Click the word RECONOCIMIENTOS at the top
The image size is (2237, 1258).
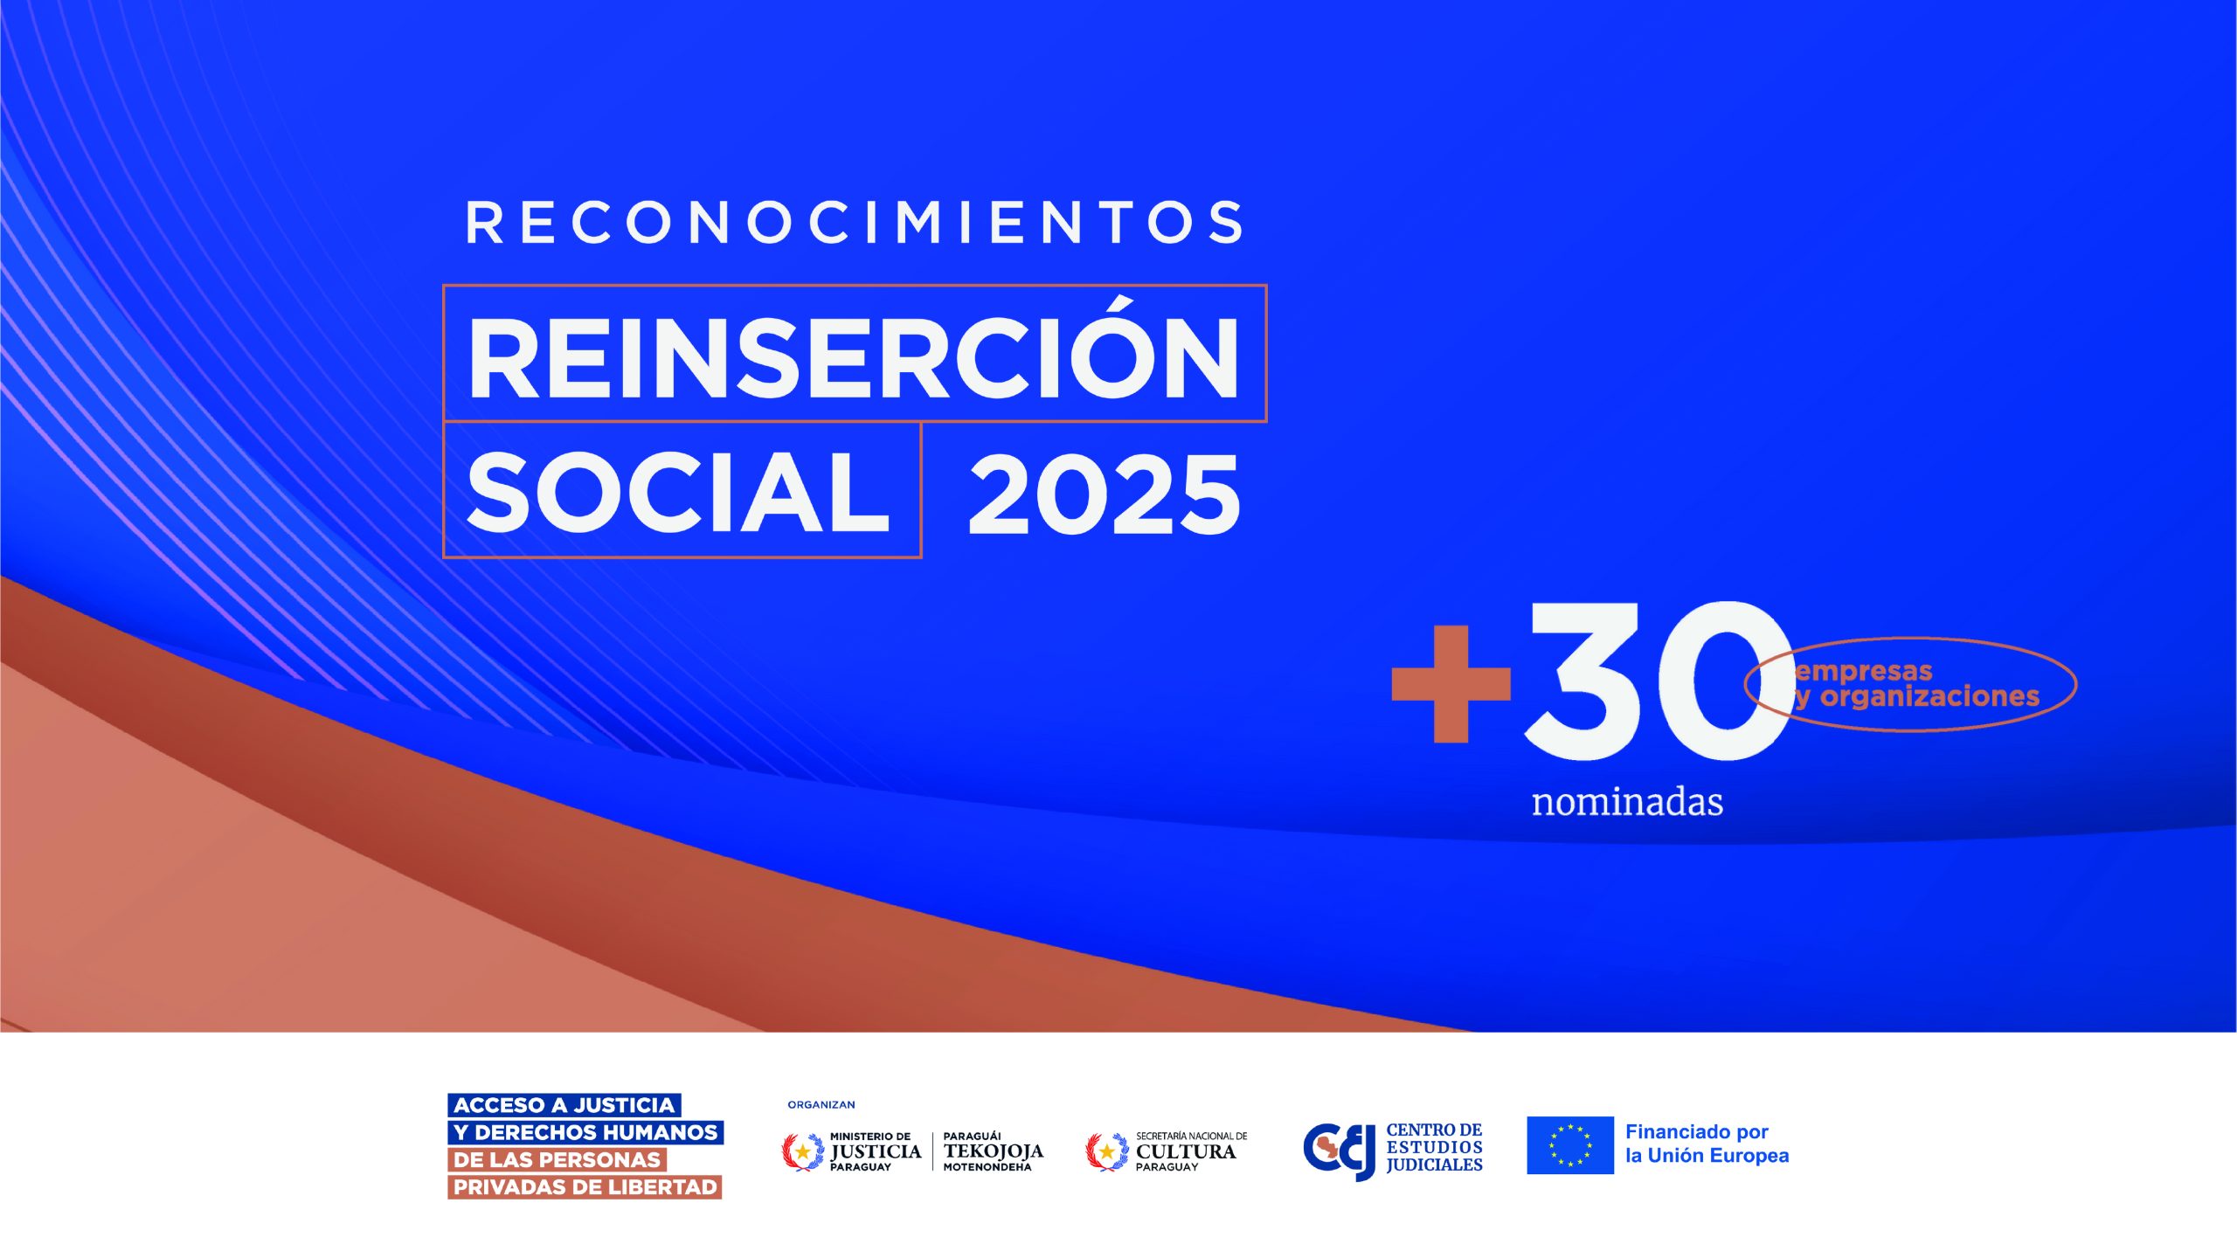click(x=854, y=223)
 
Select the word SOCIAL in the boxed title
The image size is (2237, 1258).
click(x=678, y=492)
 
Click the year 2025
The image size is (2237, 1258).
click(x=1105, y=494)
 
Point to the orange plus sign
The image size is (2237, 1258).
click(x=1451, y=684)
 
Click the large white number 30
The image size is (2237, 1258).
click(x=1659, y=681)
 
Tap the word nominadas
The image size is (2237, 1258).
click(x=1627, y=802)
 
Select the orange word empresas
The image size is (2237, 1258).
click(x=1863, y=672)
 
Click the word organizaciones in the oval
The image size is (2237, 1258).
click(x=1929, y=697)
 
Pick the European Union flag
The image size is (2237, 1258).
click(x=1570, y=1145)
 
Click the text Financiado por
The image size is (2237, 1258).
click(x=1696, y=1132)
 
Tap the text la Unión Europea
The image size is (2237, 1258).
click(x=1707, y=1156)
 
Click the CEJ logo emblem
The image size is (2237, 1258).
click(x=1339, y=1151)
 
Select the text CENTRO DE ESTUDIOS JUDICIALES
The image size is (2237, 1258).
click(x=1434, y=1147)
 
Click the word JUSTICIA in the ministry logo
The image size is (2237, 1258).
click(x=876, y=1151)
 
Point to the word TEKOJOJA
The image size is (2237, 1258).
click(x=994, y=1151)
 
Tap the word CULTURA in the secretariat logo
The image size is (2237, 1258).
click(x=1186, y=1151)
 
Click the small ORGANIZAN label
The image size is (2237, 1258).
click(x=821, y=1105)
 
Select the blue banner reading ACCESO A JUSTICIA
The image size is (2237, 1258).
click(x=564, y=1105)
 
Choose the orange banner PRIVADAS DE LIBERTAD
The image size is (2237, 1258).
click(x=585, y=1187)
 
